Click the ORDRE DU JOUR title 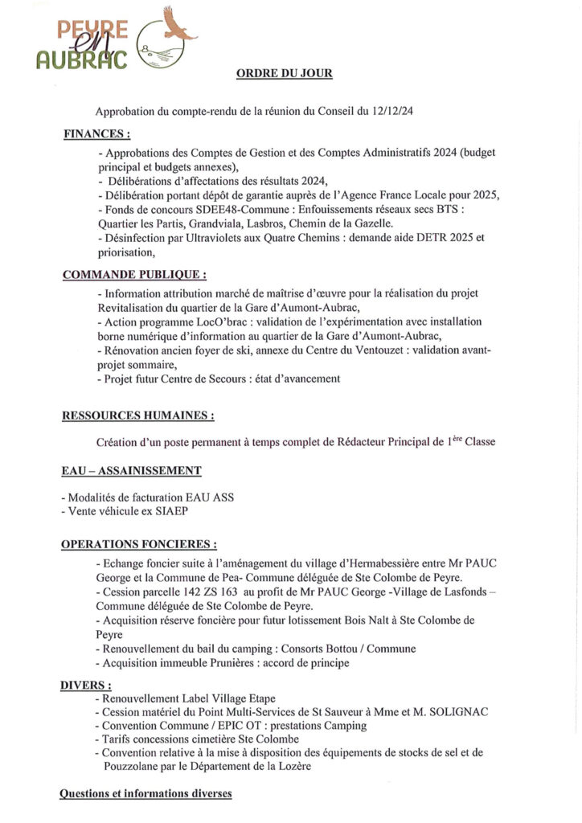[x=284, y=73]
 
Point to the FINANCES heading [x=96, y=134]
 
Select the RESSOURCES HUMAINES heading [x=137, y=416]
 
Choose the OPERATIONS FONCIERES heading [x=138, y=544]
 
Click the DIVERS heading [x=86, y=685]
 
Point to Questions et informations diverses [x=145, y=793]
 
